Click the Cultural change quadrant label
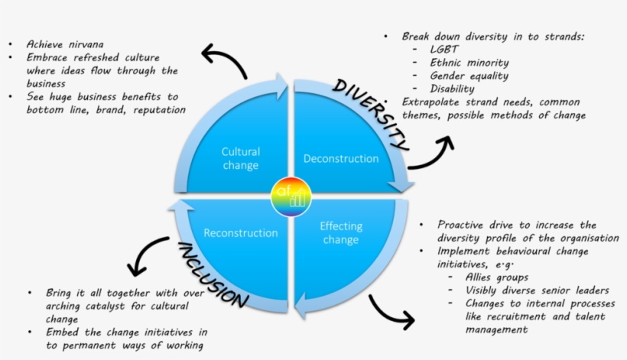(241, 158)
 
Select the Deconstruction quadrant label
(341, 159)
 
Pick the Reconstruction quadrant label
(241, 233)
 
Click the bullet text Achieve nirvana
(65, 44)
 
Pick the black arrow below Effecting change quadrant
(390, 310)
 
